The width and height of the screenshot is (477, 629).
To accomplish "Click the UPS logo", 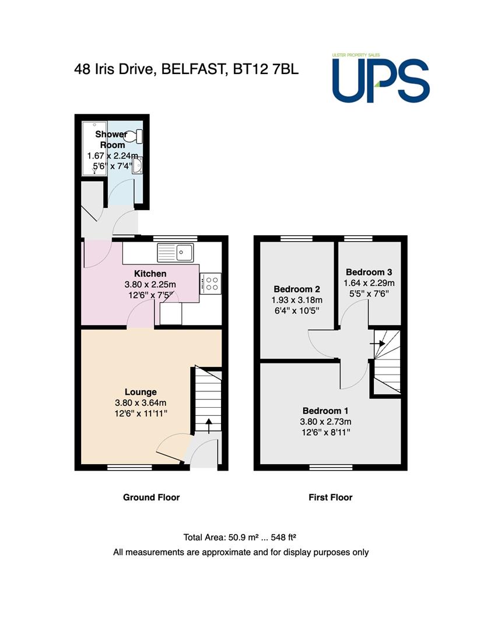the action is [381, 78].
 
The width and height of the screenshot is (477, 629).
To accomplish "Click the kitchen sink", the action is [176, 253].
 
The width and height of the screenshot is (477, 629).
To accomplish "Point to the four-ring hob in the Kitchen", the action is [211, 284].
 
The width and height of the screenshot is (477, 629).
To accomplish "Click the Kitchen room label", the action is [150, 274].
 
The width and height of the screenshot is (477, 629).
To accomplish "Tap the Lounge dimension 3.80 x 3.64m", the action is [141, 403].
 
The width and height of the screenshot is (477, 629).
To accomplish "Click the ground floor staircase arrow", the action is [208, 426].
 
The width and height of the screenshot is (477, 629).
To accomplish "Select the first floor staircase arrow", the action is [377, 344].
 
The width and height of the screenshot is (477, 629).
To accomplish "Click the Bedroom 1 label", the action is [325, 411].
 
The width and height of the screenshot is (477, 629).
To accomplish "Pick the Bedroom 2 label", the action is [297, 289].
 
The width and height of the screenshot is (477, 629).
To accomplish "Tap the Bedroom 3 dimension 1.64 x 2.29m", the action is [369, 283].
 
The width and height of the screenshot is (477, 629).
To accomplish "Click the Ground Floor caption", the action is [152, 497].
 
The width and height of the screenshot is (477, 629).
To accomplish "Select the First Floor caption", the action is [331, 497].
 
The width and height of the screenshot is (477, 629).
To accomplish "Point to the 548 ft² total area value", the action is [283, 537].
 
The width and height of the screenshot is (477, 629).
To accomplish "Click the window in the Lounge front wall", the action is [129, 467].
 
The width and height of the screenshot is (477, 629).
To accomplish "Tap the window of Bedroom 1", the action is [331, 467].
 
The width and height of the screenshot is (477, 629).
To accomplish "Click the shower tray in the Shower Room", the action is [94, 148].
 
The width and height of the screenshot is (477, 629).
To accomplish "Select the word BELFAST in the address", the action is [192, 69].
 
